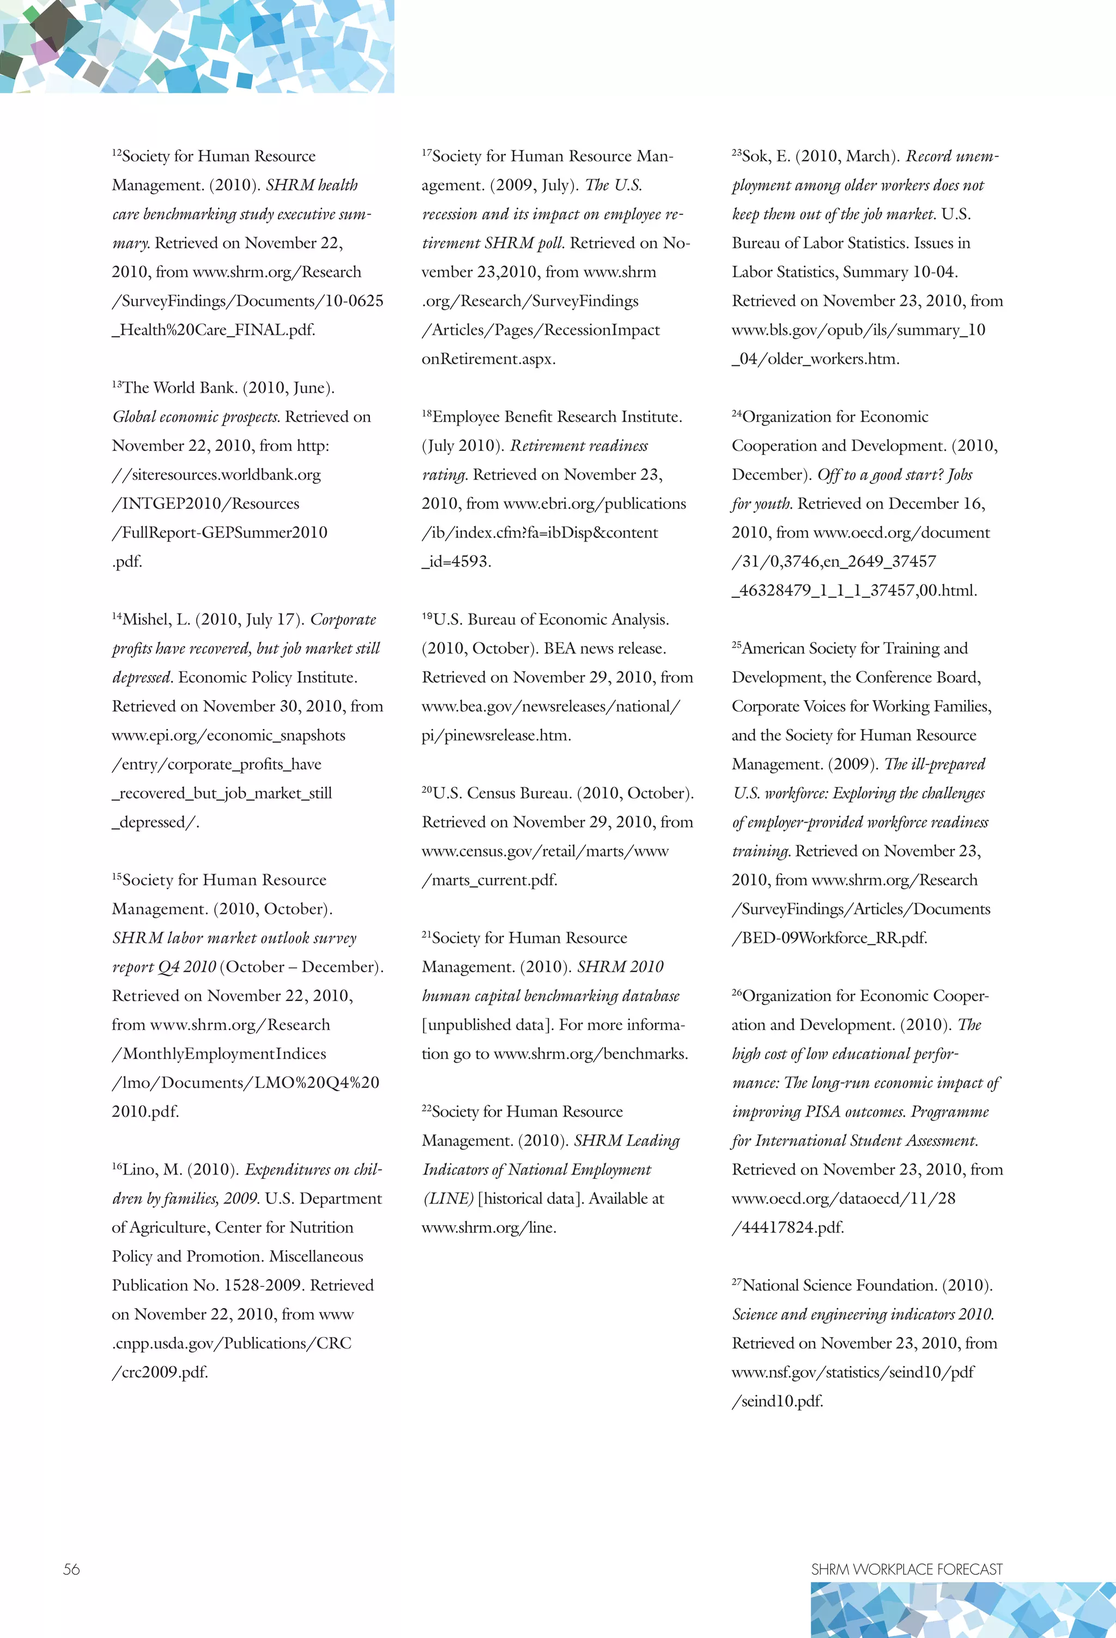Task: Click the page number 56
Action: pos(71,1569)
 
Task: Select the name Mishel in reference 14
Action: pos(145,619)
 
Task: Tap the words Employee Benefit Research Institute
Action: pos(556,417)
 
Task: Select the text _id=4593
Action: pos(457,562)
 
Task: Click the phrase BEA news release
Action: pos(604,648)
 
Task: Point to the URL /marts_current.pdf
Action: pos(490,880)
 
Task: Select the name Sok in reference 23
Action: pos(755,156)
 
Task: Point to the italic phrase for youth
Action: pos(762,504)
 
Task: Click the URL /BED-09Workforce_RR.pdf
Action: pos(829,938)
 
